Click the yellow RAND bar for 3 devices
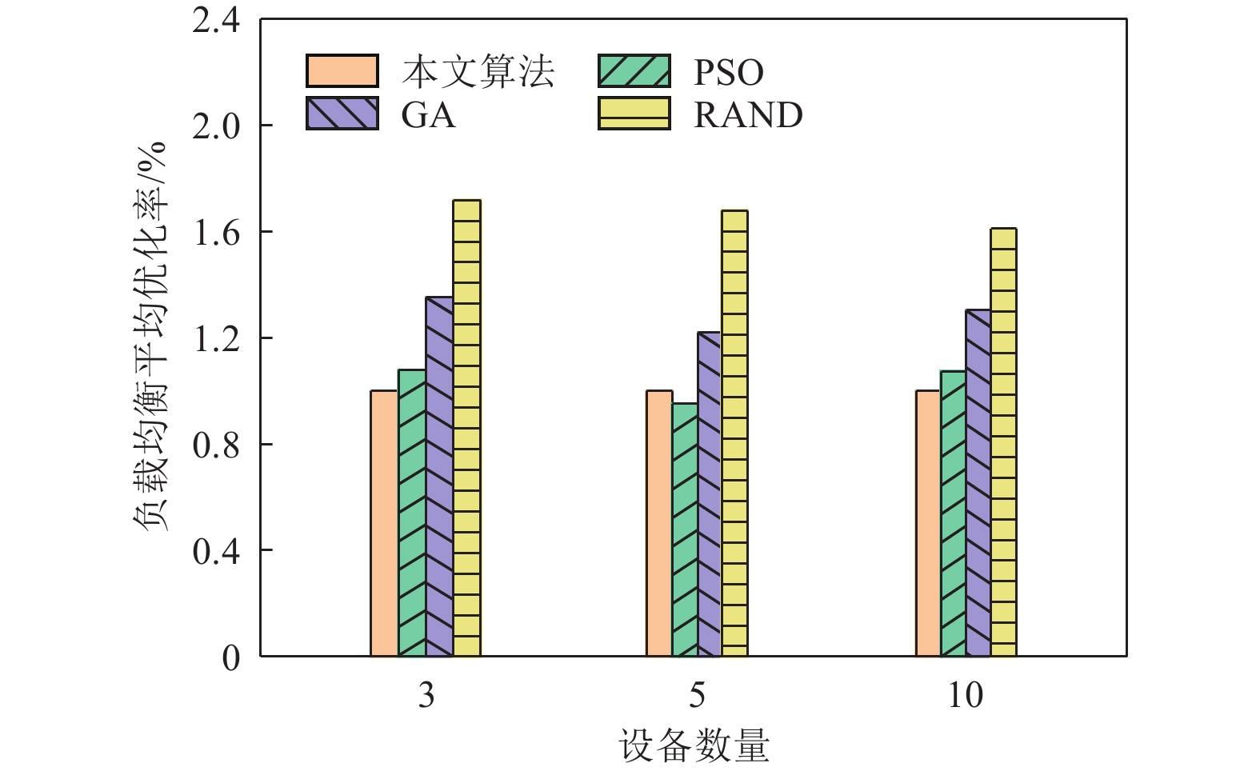(466, 429)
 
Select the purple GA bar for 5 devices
(709, 494)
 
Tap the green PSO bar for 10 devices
(953, 513)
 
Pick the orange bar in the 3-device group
(384, 524)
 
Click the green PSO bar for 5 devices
(685, 529)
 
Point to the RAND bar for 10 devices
(1003, 442)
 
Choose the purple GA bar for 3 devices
(439, 477)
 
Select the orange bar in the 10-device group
(928, 524)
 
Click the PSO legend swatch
(634, 71)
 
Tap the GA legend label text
(428, 115)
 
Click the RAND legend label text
(748, 115)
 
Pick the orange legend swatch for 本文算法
(342, 71)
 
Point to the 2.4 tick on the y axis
(216, 21)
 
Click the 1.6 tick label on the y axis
(216, 232)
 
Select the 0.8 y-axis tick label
(216, 445)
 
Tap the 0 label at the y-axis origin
(230, 657)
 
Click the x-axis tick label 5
(697, 696)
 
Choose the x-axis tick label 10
(966, 696)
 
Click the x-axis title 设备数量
(694, 746)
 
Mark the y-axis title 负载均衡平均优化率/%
(150, 336)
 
